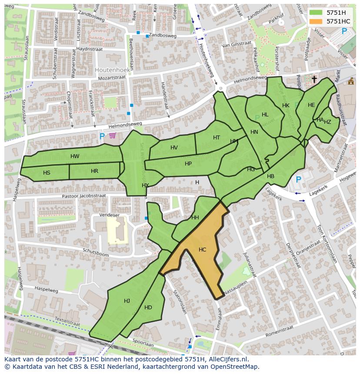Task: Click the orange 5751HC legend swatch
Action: (x=316, y=21)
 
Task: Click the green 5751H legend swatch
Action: (x=316, y=13)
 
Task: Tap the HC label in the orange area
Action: (x=202, y=250)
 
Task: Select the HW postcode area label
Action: (x=75, y=156)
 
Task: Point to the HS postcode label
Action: (x=47, y=173)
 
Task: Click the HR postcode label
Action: (x=94, y=171)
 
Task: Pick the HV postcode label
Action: (x=174, y=148)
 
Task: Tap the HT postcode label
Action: (x=217, y=138)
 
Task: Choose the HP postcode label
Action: (x=188, y=164)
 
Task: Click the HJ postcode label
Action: (x=127, y=301)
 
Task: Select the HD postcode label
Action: (x=148, y=308)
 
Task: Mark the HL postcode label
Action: (x=265, y=115)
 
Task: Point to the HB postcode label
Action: (x=270, y=176)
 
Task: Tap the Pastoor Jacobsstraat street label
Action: (x=83, y=196)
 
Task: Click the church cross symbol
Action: (x=314, y=79)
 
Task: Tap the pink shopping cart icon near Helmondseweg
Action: (x=113, y=136)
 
